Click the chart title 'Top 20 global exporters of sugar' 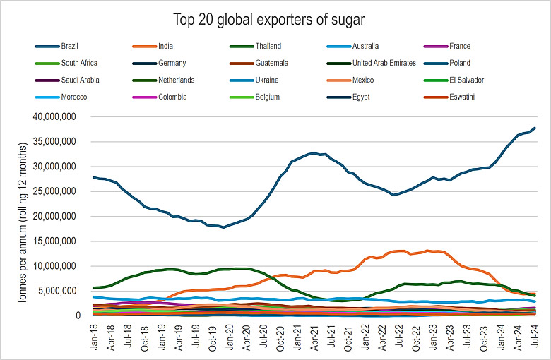[275, 18]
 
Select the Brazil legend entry [70, 47]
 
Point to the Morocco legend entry [73, 97]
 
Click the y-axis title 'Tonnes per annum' [24, 212]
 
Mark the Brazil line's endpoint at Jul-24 [535, 128]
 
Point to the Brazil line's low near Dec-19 [223, 227]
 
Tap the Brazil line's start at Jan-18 [93, 177]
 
